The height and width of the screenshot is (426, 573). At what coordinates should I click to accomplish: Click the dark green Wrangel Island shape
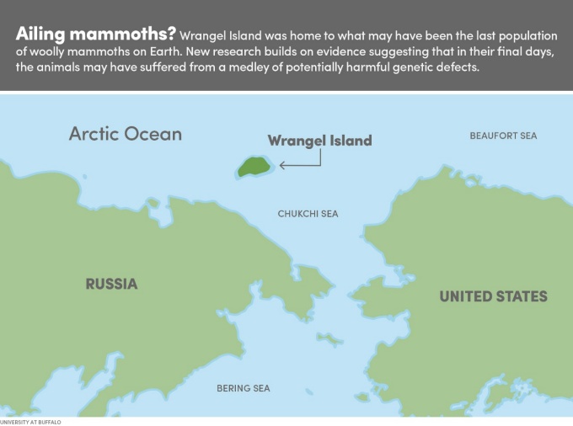point(252,166)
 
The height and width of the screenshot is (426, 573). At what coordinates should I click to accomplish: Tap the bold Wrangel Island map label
point(319,141)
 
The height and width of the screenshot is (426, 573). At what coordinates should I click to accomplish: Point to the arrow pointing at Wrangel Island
point(299,165)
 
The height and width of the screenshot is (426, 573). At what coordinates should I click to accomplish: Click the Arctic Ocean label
point(125,134)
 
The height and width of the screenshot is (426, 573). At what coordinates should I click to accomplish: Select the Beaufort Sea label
point(503,136)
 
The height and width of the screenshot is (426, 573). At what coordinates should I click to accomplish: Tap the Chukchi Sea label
point(308,214)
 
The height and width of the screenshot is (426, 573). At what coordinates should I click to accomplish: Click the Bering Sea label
point(244,388)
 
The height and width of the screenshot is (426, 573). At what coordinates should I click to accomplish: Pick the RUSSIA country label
point(111,284)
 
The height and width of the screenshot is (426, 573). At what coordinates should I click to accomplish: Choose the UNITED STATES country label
point(493,296)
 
